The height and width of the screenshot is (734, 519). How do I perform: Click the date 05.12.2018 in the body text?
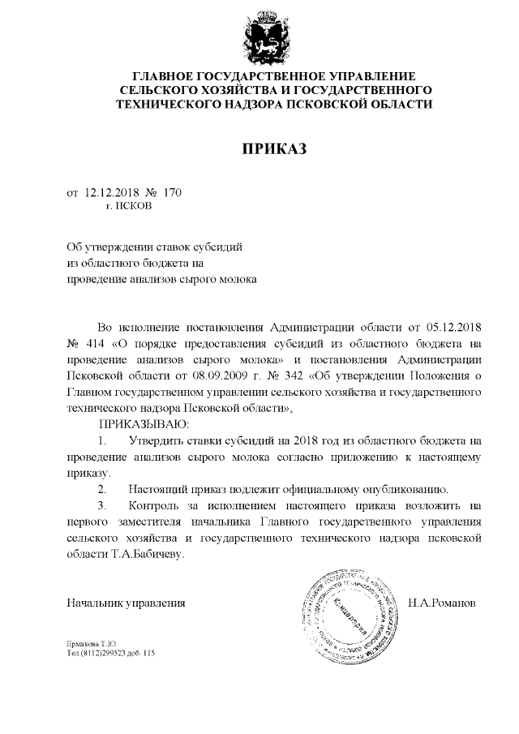[x=453, y=328]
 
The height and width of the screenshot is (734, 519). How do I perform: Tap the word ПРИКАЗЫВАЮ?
[x=144, y=424]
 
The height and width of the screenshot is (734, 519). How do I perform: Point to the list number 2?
[x=102, y=488]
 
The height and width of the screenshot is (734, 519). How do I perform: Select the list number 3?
[x=102, y=504]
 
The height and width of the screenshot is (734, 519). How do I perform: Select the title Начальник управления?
[x=127, y=603]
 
